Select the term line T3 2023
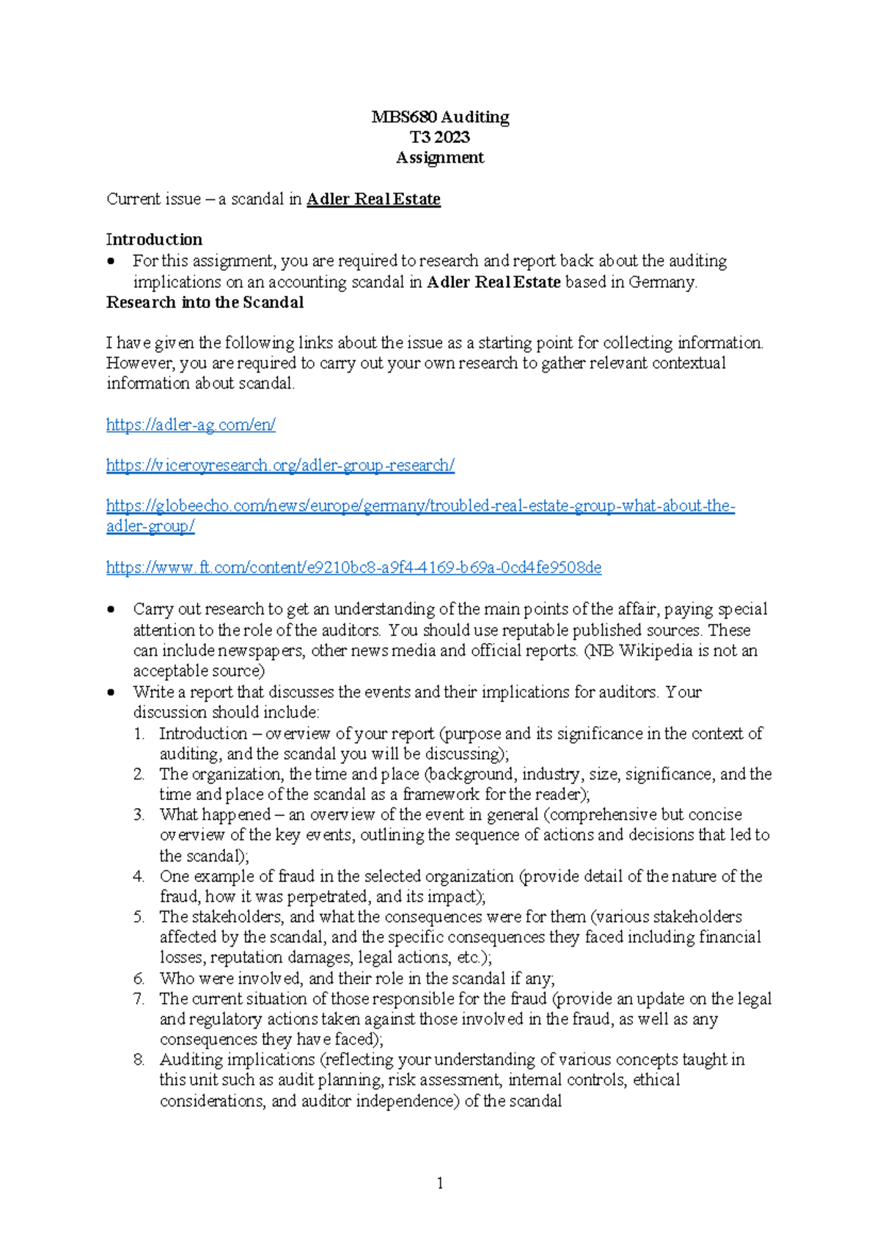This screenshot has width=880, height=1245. click(440, 137)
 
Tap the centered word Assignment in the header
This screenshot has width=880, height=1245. click(440, 158)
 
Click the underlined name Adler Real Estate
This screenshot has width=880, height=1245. click(373, 199)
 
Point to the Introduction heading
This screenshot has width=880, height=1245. click(154, 240)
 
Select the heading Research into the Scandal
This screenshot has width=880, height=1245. click(205, 303)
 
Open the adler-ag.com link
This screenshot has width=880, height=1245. click(191, 425)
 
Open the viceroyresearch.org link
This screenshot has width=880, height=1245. click(280, 466)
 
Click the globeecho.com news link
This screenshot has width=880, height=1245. click(420, 506)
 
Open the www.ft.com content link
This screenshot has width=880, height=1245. click(353, 568)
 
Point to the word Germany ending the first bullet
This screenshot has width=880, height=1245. click(661, 282)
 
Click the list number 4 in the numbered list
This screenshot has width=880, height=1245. click(139, 877)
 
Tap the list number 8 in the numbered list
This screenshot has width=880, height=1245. click(139, 1060)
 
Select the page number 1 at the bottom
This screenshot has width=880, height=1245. click(440, 1183)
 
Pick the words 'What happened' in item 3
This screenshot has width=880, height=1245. click(215, 815)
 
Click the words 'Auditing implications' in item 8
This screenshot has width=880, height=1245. click(237, 1060)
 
